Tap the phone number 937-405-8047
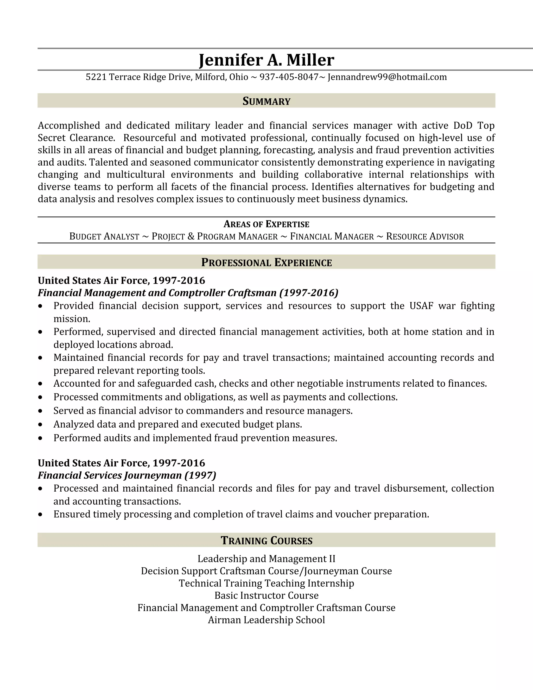[289, 77]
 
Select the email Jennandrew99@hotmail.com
[387, 77]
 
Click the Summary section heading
[266, 101]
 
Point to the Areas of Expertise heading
[266, 224]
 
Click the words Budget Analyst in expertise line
[104, 237]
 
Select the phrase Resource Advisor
[425, 237]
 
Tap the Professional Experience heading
[266, 262]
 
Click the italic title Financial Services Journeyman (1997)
[127, 475]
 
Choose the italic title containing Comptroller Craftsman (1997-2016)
[188, 293]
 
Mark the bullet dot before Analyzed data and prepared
[40, 425]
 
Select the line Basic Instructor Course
[266, 595]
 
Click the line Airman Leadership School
[266, 620]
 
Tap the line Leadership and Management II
[266, 559]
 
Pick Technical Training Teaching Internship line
[266, 583]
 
